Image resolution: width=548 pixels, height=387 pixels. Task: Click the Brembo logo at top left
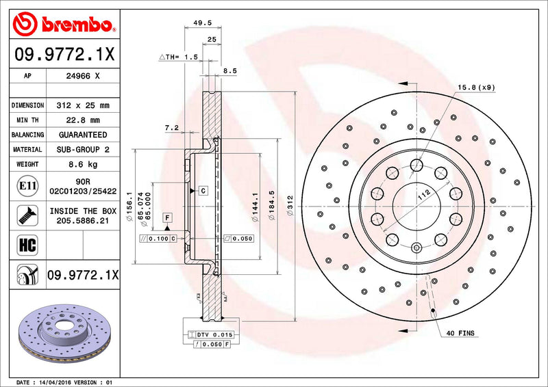64,25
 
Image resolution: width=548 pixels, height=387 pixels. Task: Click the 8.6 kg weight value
82,164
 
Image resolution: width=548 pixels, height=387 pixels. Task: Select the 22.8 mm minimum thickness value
84,120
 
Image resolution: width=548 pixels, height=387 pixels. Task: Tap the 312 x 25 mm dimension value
84,105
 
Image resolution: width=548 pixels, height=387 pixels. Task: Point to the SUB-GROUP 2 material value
84,149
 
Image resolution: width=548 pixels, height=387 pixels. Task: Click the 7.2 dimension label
172,127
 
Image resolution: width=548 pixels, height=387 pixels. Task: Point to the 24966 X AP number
83,77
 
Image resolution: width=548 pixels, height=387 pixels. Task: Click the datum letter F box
166,217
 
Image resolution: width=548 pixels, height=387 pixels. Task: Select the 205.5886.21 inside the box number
83,221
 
